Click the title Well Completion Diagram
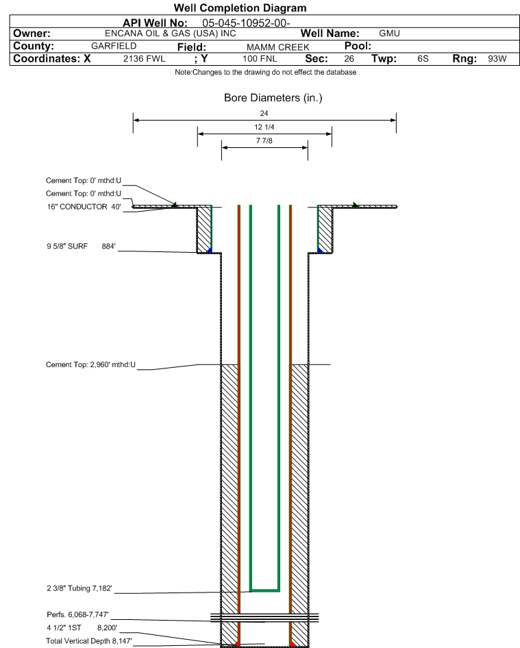coord(240,8)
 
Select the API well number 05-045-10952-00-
coord(246,23)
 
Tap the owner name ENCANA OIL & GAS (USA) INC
coord(171,34)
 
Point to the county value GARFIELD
coord(114,46)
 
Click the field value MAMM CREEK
coord(277,47)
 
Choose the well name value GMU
coord(389,34)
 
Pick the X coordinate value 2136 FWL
coord(145,59)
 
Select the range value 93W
coord(497,59)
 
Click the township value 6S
coord(423,59)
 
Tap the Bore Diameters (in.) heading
coord(273,98)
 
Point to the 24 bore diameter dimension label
coord(264,113)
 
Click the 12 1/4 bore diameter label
coord(264,127)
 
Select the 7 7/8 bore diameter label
coord(264,140)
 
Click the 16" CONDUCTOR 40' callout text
coord(84,207)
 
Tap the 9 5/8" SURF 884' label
coord(81,247)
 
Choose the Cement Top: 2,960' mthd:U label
coord(90,364)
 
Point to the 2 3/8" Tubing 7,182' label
coord(79,588)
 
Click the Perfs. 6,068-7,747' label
coord(77,614)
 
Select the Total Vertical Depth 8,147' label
coord(89,641)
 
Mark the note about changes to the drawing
coord(265,73)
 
